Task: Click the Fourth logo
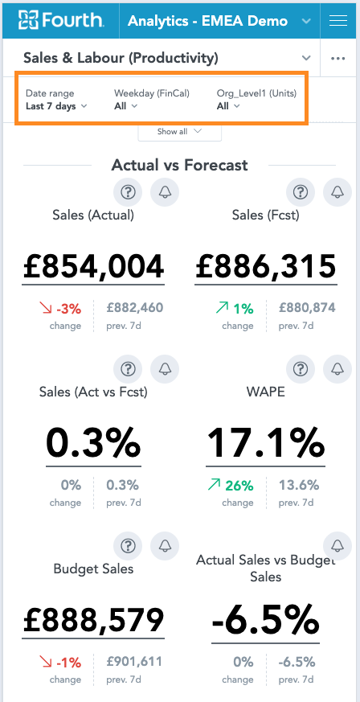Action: [x=61, y=21]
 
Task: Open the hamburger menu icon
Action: [x=337, y=21]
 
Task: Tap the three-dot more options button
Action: [x=337, y=59]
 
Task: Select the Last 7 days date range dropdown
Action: [x=56, y=106]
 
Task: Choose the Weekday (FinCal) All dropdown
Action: [x=125, y=106]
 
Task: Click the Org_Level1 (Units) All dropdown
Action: [x=228, y=106]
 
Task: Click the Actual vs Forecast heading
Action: [x=179, y=165]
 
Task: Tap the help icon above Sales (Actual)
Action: [x=128, y=192]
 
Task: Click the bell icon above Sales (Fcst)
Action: [x=337, y=192]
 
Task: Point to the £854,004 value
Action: [x=93, y=266]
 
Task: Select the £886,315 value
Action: [x=266, y=266]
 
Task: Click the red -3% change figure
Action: [x=68, y=309]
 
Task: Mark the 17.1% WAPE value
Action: [x=266, y=443]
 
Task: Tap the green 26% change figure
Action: [x=239, y=486]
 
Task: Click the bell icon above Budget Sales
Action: [x=165, y=546]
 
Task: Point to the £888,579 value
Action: [x=93, y=620]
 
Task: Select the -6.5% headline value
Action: [x=266, y=620]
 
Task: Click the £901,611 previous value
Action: [x=134, y=661]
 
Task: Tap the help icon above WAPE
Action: [x=301, y=369]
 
